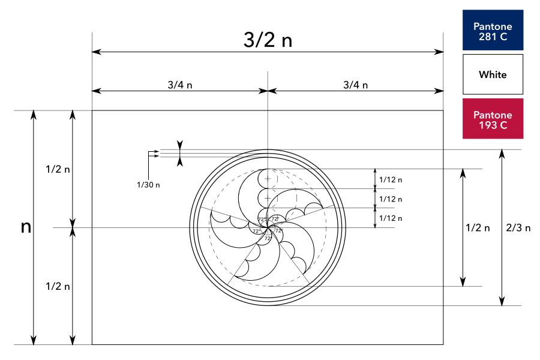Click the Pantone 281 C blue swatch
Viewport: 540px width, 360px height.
pos(493,30)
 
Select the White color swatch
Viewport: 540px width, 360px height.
pos(493,74)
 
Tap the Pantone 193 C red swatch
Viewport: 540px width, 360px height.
pos(493,119)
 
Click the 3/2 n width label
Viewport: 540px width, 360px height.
pos(268,40)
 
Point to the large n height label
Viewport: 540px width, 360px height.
pos(26,227)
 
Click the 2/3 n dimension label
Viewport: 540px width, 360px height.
pos(518,228)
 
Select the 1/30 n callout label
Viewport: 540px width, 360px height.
pos(148,185)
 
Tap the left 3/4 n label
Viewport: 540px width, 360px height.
pos(180,85)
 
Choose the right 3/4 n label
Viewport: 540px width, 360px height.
pos(355,85)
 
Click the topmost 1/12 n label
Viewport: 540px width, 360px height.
pos(391,179)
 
